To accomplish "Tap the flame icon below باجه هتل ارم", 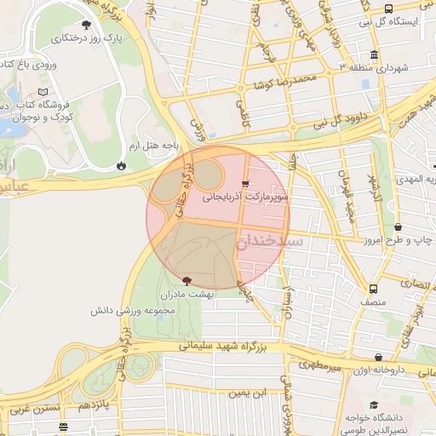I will (121, 164).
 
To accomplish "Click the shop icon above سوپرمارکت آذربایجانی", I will (246, 183).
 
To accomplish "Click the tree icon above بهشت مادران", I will (187, 279).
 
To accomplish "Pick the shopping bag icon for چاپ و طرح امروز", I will (399, 227).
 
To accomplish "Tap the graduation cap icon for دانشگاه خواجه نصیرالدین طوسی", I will (373, 404).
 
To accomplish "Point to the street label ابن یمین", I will (247, 393).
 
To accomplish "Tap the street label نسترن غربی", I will (34, 409).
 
